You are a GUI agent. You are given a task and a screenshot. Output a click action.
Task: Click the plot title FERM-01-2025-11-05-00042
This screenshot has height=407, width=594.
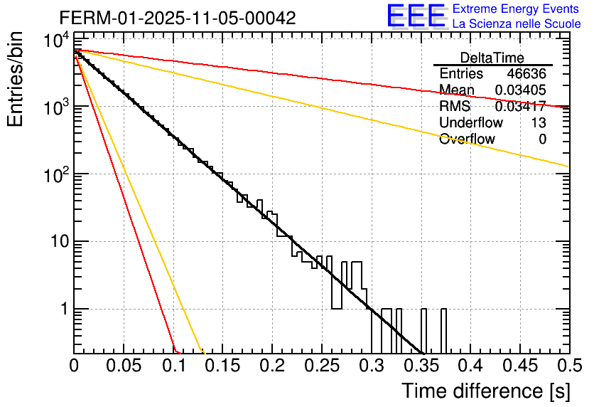pos(178,18)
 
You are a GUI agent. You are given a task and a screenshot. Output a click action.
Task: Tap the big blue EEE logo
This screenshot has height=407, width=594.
pos(416,16)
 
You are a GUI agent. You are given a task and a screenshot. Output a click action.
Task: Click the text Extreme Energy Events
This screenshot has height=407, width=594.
pos(516,9)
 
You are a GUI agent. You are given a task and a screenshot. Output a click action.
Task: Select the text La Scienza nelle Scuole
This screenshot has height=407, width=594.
pos(517,24)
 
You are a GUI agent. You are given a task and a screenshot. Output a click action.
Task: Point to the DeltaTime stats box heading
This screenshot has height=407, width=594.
pos(492,58)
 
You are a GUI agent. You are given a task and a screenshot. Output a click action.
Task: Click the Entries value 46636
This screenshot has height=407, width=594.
pos(526,74)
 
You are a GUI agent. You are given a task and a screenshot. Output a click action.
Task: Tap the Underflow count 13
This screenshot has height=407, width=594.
pos(538,123)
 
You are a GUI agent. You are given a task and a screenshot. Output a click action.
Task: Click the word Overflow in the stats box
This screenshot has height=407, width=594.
pos(467,139)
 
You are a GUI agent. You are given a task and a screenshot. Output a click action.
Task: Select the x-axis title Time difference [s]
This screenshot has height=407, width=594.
pos(485,391)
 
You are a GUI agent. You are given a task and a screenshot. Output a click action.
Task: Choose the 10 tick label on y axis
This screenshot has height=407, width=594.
pos(55,242)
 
